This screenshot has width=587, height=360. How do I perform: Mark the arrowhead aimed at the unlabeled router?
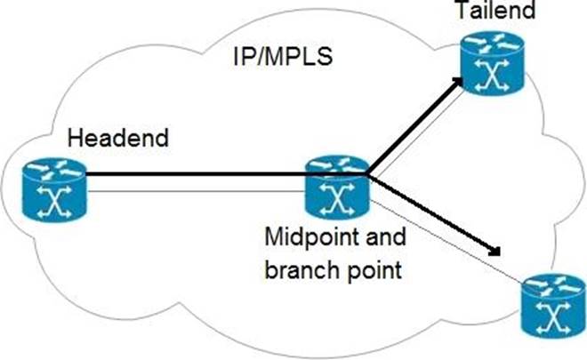pyautogui.click(x=498, y=251)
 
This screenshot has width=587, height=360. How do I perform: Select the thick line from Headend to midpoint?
pyautogui.click(x=196, y=174)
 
